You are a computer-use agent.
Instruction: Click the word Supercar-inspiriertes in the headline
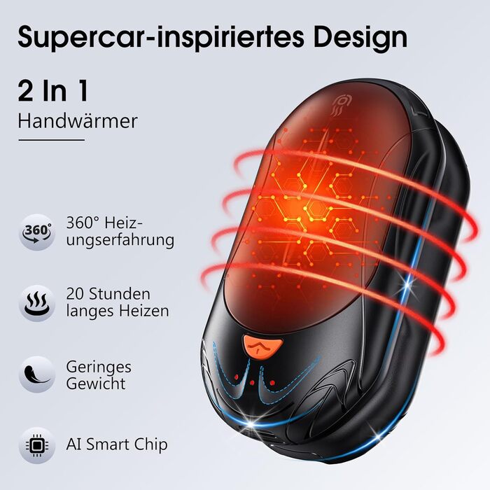pos(160,38)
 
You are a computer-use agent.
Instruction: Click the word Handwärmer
pos(78,121)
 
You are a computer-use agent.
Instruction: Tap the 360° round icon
pos(37,232)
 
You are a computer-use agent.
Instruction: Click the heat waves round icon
pos(37,303)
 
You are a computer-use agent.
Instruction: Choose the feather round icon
pos(37,374)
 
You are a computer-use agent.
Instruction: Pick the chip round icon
pos(37,445)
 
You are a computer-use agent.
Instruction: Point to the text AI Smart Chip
pos(117,444)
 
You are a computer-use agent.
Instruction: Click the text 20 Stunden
pos(108,294)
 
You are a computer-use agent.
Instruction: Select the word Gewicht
pos(96,384)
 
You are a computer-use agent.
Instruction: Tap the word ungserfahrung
pos(120,241)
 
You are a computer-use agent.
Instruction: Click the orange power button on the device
pos(262,345)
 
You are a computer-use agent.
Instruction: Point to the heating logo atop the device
pos(340,106)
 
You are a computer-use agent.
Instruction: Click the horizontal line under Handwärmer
pos(52,140)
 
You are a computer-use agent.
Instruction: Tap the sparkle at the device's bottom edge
pos(251,424)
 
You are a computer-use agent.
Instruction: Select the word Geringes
pos(99,367)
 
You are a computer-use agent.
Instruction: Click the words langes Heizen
pos(118,311)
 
